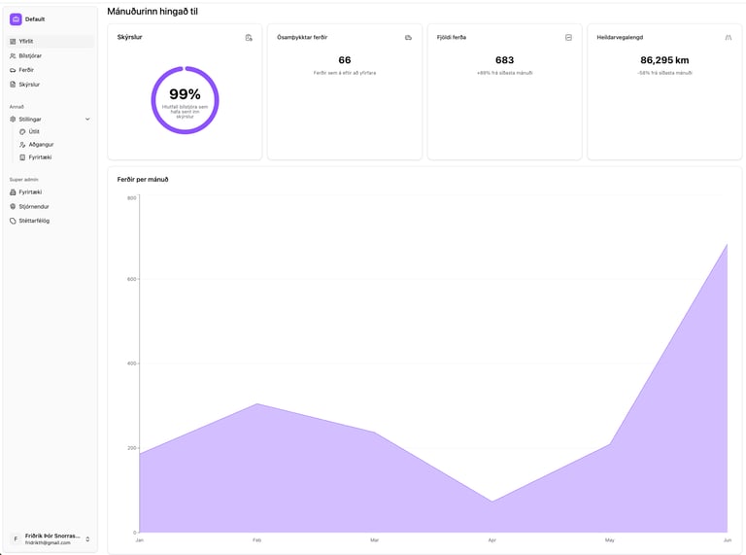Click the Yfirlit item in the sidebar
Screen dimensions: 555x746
pyautogui.click(x=26, y=42)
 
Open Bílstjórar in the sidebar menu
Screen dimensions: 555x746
pyautogui.click(x=30, y=55)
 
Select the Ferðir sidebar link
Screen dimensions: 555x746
pyautogui.click(x=26, y=70)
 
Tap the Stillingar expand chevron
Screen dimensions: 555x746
pyautogui.click(x=87, y=119)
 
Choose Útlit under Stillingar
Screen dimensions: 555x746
pyautogui.click(x=34, y=131)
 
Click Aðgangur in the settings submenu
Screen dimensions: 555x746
pyautogui.click(x=40, y=144)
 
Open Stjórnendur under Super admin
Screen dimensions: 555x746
pyautogui.click(x=34, y=206)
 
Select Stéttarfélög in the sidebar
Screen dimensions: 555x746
pyautogui.click(x=34, y=221)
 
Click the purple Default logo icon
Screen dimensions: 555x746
pyautogui.click(x=16, y=18)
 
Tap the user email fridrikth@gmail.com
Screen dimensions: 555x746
pyautogui.click(x=48, y=542)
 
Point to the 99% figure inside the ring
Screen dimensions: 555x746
pyautogui.click(x=185, y=94)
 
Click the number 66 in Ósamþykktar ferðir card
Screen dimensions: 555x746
pyautogui.click(x=345, y=60)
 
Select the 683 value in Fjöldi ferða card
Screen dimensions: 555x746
pyautogui.click(x=504, y=60)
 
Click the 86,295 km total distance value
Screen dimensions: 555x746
pyautogui.click(x=664, y=60)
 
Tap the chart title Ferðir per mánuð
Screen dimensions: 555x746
pyautogui.click(x=143, y=179)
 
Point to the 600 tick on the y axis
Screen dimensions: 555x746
pyautogui.click(x=131, y=279)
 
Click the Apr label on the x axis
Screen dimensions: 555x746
pyautogui.click(x=492, y=539)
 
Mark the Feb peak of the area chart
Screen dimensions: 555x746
pyautogui.click(x=256, y=403)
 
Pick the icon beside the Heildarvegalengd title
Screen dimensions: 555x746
pyautogui.click(x=729, y=37)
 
